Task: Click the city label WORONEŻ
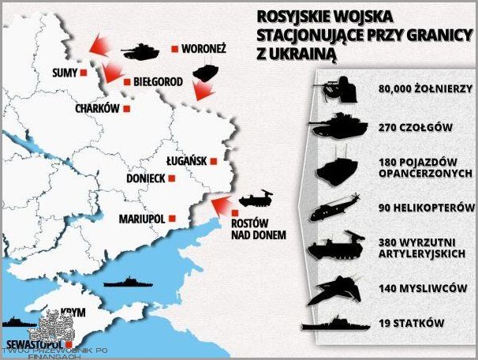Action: click(x=204, y=49)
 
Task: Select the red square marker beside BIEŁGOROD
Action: click(x=127, y=81)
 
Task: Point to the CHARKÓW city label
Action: click(x=97, y=109)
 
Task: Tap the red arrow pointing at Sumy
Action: click(x=99, y=46)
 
